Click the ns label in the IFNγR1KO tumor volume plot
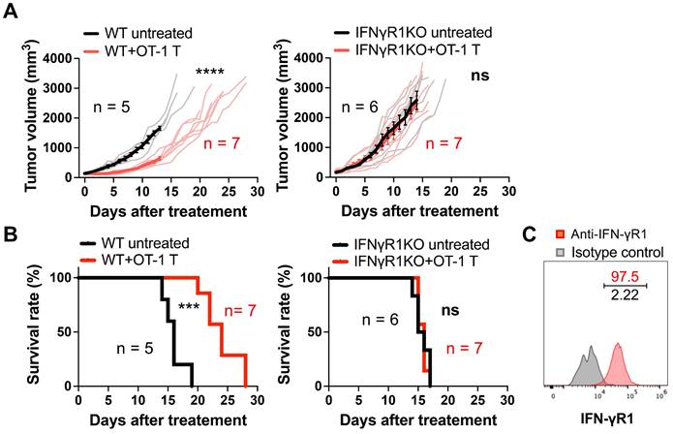point(481,74)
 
